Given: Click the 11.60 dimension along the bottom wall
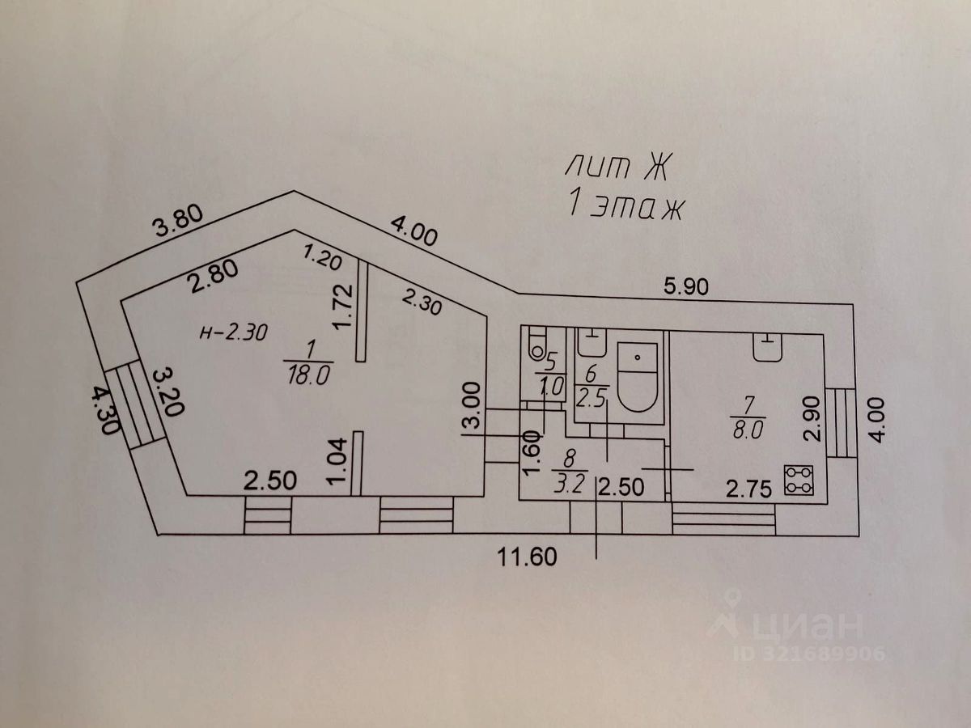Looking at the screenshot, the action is tap(527, 557).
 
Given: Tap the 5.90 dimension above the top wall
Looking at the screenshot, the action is tap(686, 286).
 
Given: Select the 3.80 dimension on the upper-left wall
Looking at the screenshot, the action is tap(177, 221).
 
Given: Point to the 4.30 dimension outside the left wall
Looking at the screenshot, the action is tap(106, 410).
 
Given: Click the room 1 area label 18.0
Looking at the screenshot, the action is tap(309, 375).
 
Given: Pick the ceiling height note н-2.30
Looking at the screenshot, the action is tap(234, 332).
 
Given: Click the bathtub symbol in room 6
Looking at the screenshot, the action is tap(637, 377).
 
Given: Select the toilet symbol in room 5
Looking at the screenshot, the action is tap(538, 348).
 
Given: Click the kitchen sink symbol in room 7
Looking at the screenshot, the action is tap(768, 348).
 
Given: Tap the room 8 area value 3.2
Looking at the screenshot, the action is tap(570, 485).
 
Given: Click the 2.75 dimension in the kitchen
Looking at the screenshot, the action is tap(749, 489).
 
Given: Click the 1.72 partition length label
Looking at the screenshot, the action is tap(343, 307).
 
